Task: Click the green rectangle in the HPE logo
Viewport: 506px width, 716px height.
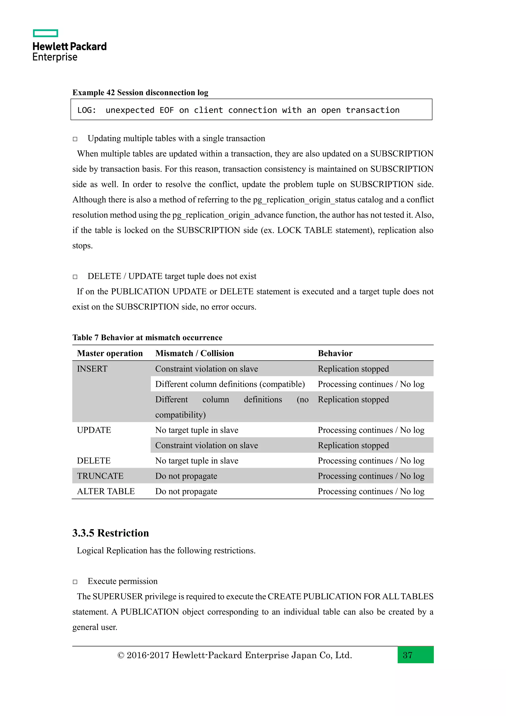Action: (45, 33)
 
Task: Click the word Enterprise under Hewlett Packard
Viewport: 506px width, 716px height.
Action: (55, 57)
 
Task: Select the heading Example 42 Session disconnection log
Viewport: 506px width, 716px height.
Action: (140, 93)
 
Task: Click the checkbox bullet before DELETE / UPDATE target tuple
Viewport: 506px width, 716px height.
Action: (75, 277)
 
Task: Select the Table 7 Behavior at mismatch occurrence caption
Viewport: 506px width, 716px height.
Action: (147, 337)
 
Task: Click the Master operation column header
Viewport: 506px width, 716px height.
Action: (110, 353)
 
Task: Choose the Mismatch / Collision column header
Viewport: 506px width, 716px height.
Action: (194, 353)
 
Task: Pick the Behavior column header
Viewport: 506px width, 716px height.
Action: (335, 353)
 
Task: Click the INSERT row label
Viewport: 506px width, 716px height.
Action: (92, 369)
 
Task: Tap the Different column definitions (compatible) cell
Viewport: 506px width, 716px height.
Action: (230, 384)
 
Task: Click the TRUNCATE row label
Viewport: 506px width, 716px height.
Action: (100, 476)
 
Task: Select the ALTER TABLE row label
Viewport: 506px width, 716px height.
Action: (106, 492)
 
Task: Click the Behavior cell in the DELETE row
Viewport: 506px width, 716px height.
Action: (371, 461)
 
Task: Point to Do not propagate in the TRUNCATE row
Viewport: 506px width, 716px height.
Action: (186, 476)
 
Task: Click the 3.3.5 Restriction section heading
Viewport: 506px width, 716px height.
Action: (111, 533)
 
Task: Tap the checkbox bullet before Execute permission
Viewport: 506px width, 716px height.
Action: (75, 582)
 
